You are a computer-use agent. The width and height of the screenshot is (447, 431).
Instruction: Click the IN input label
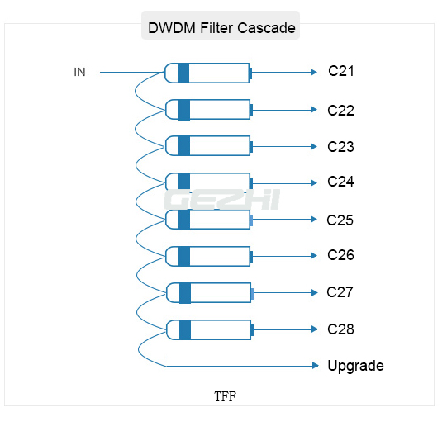tap(79, 72)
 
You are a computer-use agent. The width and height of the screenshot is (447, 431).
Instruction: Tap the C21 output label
tap(341, 71)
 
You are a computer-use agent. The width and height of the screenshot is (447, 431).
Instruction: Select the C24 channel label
tap(340, 182)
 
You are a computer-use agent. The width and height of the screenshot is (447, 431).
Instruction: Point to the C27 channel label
tap(340, 292)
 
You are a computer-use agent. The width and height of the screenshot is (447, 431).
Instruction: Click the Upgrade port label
tap(355, 366)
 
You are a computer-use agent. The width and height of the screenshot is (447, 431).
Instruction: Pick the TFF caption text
tap(225, 396)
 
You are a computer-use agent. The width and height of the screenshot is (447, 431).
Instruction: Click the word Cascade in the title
tap(266, 28)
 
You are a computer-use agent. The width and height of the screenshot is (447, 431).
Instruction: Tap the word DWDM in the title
tap(172, 28)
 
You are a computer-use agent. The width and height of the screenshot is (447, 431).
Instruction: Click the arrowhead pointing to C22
tap(314, 110)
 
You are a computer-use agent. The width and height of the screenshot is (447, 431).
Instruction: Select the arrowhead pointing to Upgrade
tap(316, 366)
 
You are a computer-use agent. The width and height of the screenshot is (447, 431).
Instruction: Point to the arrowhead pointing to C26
tap(314, 256)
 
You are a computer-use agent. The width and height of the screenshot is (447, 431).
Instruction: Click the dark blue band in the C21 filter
tap(183, 73)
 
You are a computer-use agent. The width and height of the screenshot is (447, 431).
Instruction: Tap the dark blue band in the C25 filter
tap(184, 220)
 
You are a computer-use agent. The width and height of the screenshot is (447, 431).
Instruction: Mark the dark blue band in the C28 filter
tap(185, 330)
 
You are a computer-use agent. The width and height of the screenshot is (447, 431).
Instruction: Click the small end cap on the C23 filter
tap(251, 146)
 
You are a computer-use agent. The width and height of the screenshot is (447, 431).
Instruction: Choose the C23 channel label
tap(340, 147)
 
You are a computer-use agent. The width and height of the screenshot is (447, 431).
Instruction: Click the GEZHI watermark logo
tap(221, 200)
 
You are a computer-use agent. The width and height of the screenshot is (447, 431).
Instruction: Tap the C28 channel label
tap(340, 329)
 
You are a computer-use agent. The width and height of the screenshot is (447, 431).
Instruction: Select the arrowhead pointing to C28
tap(315, 329)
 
